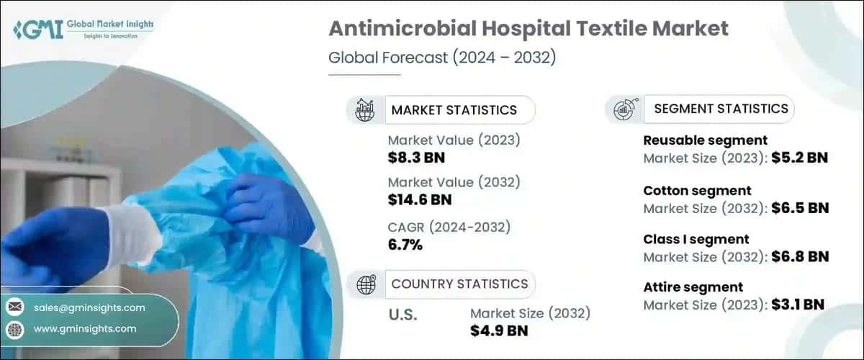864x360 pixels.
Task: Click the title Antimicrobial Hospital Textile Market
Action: [x=528, y=29]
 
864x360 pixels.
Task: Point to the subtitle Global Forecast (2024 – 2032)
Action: [x=442, y=58]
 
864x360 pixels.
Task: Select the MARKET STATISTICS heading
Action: [x=454, y=110]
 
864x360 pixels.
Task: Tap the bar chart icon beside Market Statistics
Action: [x=365, y=110]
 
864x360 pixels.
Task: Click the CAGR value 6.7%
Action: [x=405, y=245]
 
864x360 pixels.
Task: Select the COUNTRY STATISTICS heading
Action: [x=459, y=284]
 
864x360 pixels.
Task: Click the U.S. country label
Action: [x=402, y=315]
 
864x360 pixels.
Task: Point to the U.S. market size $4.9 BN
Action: [x=499, y=330]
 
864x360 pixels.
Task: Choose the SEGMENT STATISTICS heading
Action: [x=721, y=109]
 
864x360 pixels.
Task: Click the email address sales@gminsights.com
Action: [x=89, y=307]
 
